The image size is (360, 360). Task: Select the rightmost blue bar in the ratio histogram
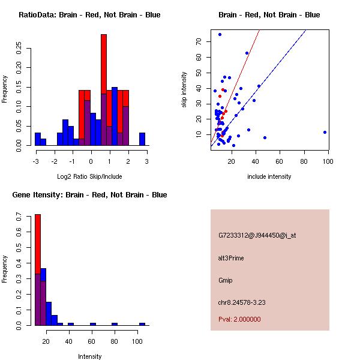[142, 139]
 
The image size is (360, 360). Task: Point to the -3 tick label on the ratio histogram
[36, 161]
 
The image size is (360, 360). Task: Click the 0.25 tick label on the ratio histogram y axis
[18, 49]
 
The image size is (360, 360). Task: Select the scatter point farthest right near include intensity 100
[325, 132]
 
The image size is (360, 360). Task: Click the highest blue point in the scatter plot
[220, 35]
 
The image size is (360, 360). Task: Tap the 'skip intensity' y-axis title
[184, 89]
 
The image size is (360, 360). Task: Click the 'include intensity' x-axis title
[269, 176]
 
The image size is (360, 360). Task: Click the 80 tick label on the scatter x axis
[304, 161]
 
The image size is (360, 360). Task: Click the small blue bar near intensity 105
[142, 324]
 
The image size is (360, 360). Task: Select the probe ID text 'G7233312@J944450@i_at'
[257, 235]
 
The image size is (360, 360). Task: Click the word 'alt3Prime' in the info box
[231, 258]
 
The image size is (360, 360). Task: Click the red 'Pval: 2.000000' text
[239, 319]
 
